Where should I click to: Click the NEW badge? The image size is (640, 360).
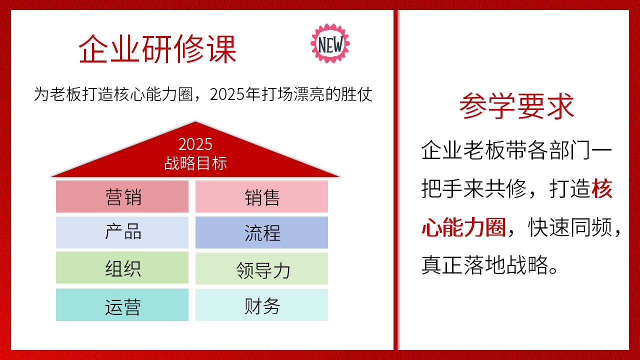coord(330,43)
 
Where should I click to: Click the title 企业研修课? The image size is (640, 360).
coord(157,49)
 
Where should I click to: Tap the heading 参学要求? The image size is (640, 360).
coord(517,106)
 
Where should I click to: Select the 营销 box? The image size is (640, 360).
coord(122,196)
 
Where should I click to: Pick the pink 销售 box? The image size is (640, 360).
coord(261,196)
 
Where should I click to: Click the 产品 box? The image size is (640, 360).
coord(122,232)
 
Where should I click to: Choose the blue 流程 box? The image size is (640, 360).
coord(261,232)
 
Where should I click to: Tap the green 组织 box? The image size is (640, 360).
coord(122,268)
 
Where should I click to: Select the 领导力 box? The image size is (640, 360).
coord(261,269)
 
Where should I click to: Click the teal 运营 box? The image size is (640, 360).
coord(122,305)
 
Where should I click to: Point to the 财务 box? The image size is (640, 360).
coord(261,305)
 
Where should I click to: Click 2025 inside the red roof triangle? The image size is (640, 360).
coord(195,144)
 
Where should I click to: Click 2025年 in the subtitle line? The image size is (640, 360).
coord(235,94)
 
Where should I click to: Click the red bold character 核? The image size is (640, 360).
coord(603,189)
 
